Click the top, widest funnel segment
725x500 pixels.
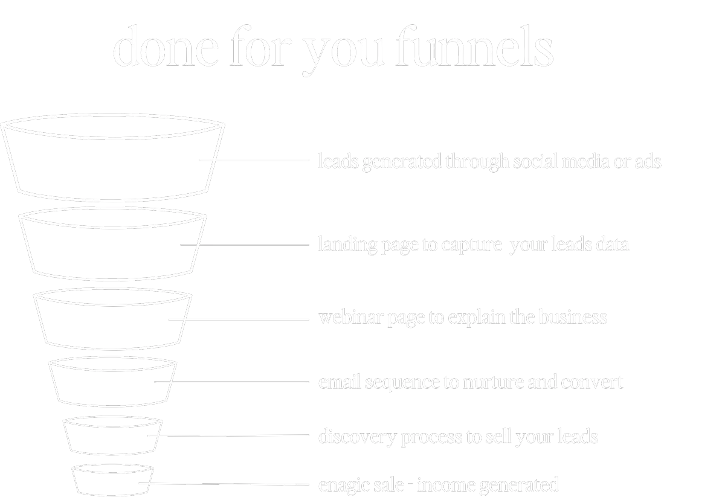pyautogui.click(x=114, y=160)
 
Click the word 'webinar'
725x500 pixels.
pyautogui.click(x=342, y=318)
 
